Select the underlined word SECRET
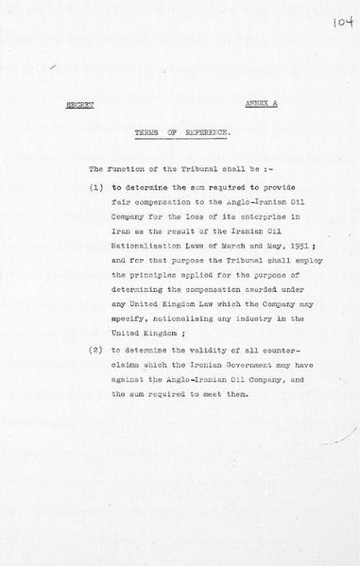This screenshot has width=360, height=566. tap(79, 106)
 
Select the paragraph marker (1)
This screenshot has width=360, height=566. tap(97, 189)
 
